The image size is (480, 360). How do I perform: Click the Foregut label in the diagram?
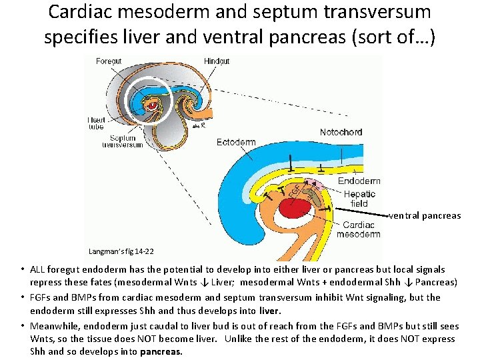coord(109,61)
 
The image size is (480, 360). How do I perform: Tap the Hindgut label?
coord(217,61)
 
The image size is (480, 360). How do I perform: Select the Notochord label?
coord(341,133)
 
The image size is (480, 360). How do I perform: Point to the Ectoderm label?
coord(236,143)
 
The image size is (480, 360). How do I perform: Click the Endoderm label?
coord(359,181)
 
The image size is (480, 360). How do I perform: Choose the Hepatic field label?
coord(360,199)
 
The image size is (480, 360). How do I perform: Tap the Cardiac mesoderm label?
coord(359,229)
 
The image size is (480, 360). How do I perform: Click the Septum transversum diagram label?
coord(123,141)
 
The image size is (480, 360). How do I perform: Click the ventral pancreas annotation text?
coord(425,215)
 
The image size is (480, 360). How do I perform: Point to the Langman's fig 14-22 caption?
coord(121,251)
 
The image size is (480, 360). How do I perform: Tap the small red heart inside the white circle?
coord(152,105)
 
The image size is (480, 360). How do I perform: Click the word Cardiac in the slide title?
coord(81,11)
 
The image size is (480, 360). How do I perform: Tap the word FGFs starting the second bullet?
coord(41,297)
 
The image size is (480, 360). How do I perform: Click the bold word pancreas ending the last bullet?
coord(161,351)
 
